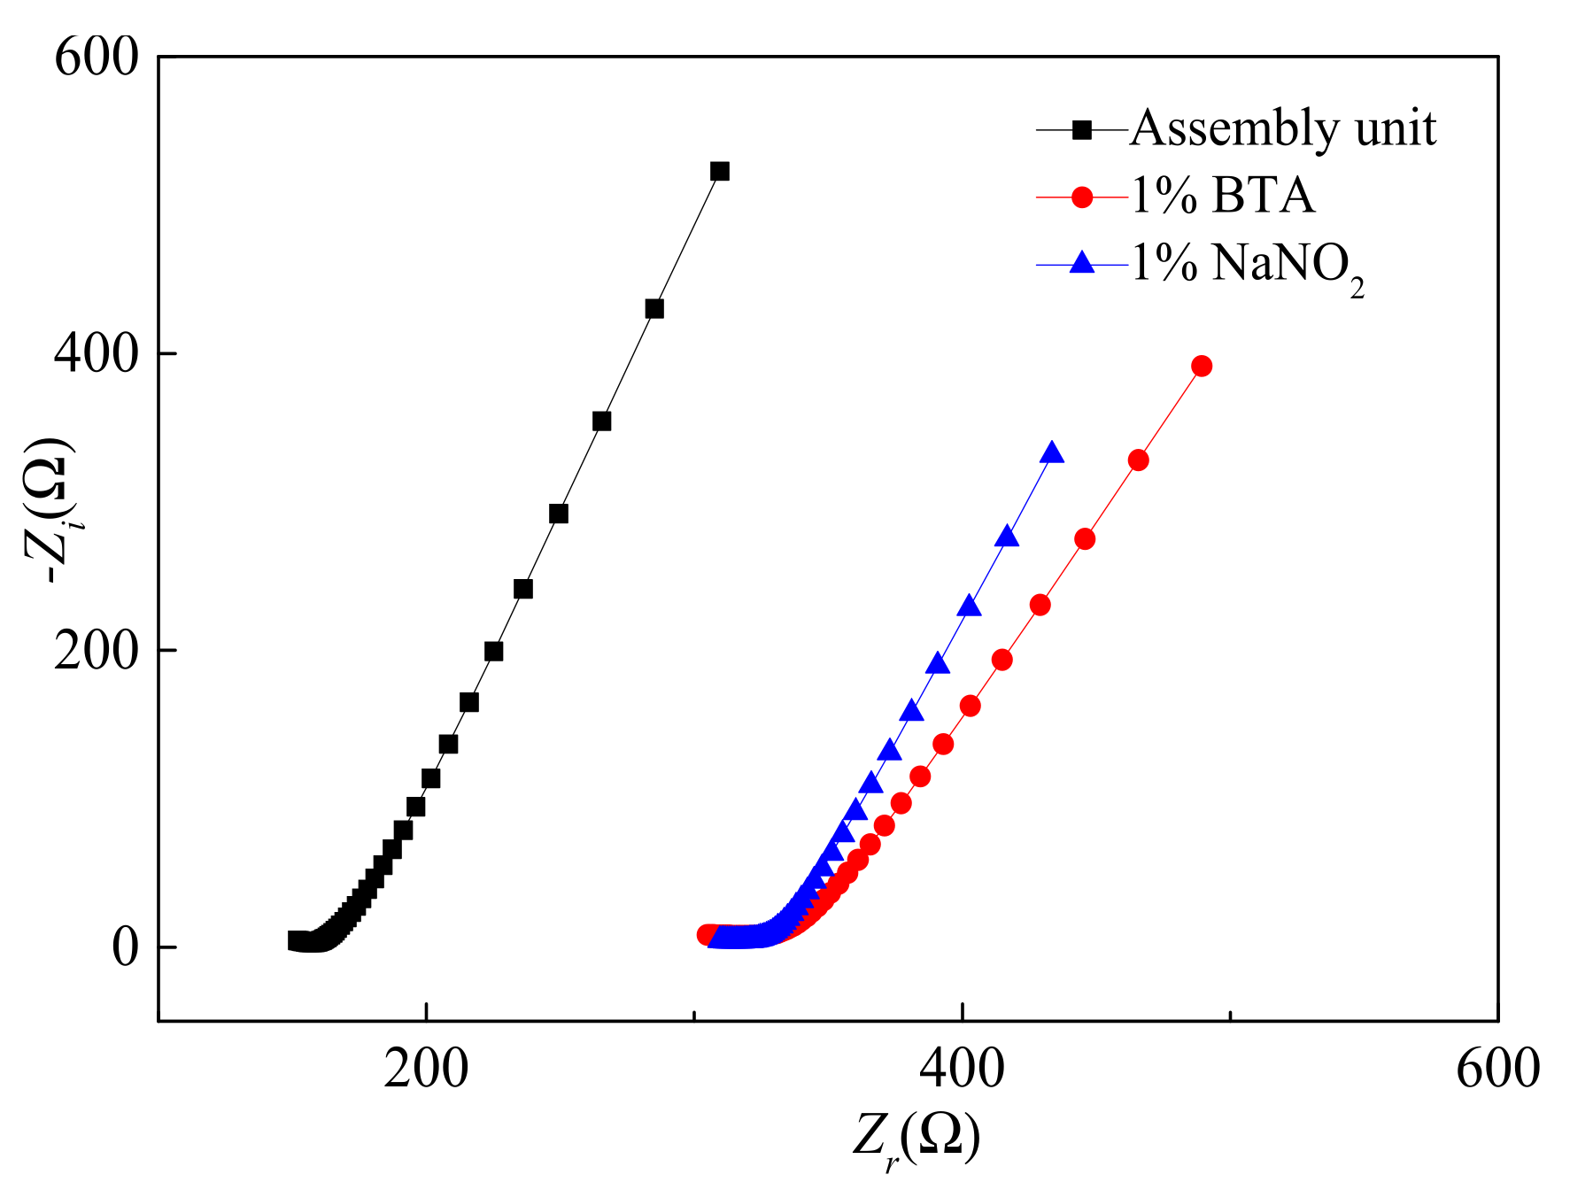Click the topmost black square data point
720,171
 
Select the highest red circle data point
1202,366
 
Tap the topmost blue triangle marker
1052,453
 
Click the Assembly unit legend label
1283,129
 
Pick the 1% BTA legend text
1223,196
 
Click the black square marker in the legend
1082,130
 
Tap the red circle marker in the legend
1082,197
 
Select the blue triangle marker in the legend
1082,263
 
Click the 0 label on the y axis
125,947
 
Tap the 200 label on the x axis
426,1069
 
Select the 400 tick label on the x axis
962,1069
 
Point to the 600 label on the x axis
1497,1069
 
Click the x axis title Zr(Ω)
916,1140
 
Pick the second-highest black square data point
654,309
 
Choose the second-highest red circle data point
1139,460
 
